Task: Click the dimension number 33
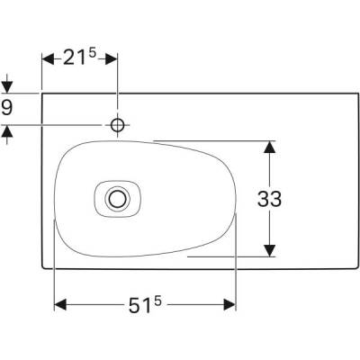point(269,199)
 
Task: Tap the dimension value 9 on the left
point(8,109)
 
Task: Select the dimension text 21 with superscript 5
point(80,60)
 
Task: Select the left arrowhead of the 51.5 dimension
point(61,306)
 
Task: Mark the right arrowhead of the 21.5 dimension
point(112,59)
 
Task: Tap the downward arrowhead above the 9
point(8,87)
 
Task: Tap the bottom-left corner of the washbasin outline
point(45,268)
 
